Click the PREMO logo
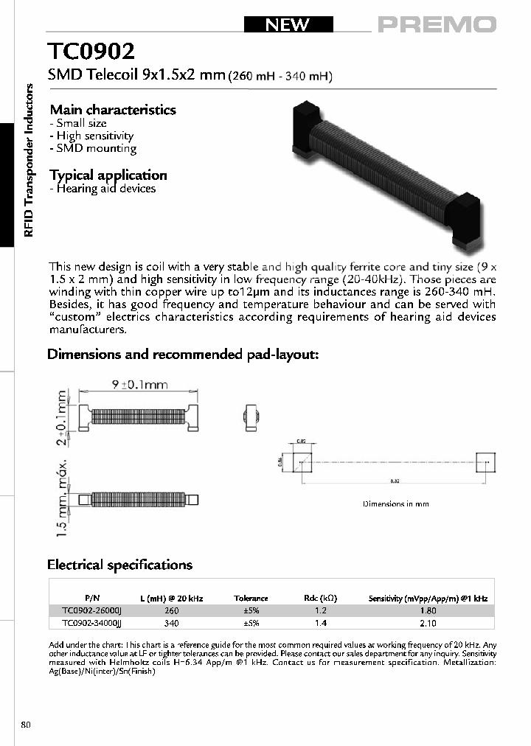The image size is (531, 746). coord(437,25)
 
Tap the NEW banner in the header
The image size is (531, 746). coord(288,25)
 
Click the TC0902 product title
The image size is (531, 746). coord(91,52)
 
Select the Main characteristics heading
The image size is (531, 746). coord(112,110)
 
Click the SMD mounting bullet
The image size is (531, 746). coord(93,149)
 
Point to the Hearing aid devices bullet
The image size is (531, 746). coord(103,189)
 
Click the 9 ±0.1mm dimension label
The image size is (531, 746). coord(139,385)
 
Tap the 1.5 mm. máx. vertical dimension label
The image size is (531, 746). coord(63,495)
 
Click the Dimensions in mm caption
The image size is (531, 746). coord(395,504)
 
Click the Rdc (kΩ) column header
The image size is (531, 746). coord(321,599)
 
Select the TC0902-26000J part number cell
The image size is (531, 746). coord(92,610)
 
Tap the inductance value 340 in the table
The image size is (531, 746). coord(172,623)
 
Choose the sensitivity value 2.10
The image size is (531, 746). coord(427,623)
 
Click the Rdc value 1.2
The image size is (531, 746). coord(321,610)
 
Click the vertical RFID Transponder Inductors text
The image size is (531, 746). coord(29,160)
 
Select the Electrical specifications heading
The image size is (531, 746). coord(119,565)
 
